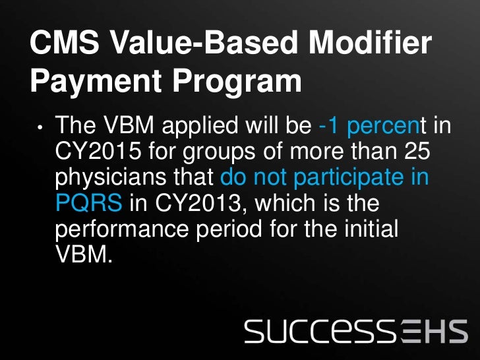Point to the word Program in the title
click(246, 82)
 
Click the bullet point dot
click(40, 127)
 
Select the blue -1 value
click(328, 125)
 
